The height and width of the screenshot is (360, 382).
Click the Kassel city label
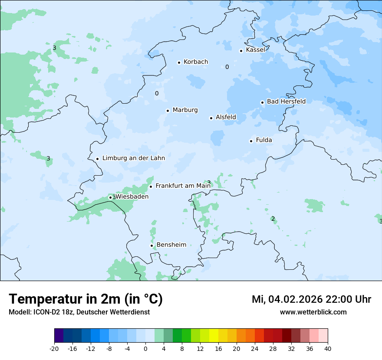255,50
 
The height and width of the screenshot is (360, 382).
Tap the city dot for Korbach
179,62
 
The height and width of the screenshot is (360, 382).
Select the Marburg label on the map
185,110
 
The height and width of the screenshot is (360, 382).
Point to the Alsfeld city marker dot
211,118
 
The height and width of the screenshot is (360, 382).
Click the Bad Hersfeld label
286,101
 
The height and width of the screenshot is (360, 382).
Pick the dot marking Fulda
251,141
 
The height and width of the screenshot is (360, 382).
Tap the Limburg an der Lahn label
133,158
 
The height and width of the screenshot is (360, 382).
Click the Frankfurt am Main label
183,186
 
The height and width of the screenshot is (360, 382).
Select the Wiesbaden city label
132,196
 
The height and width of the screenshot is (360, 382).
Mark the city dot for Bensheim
152,245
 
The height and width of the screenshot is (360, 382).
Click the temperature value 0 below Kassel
227,67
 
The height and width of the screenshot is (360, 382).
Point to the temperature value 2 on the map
273,219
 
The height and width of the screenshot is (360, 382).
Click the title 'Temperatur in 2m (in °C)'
86,299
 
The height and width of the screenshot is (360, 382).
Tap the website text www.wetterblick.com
313,312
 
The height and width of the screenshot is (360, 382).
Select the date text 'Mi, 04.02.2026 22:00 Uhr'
311,299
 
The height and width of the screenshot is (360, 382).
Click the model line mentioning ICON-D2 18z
79,312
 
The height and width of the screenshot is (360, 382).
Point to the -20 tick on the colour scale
54,348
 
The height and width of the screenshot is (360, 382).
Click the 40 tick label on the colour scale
328,348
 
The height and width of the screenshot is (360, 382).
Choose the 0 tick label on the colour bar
145,348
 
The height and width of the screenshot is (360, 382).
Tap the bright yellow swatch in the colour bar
214,336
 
